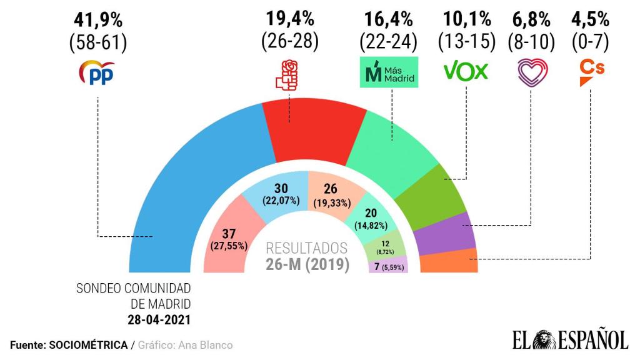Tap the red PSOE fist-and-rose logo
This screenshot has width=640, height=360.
pyautogui.click(x=288, y=74)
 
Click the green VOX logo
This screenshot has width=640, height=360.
pyautogui.click(x=466, y=72)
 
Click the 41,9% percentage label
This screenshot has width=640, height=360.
pyautogui.click(x=98, y=17)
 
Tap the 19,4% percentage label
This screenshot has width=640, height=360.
pyautogui.click(x=289, y=17)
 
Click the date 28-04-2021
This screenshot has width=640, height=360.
pyautogui.click(x=156, y=320)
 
